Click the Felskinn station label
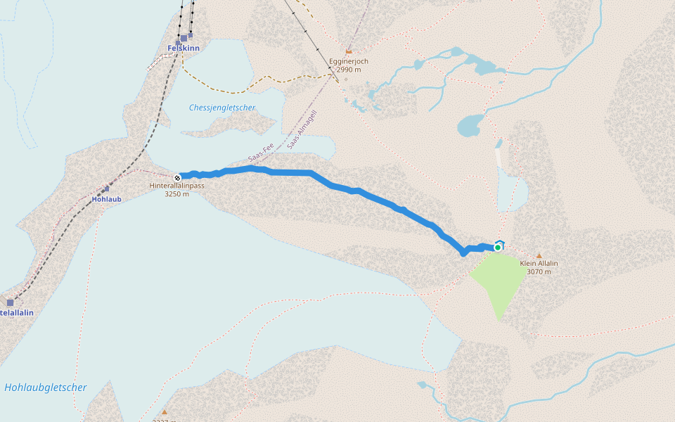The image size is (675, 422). pos(184,48)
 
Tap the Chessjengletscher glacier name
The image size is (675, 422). pos(222,108)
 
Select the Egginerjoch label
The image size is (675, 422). pos(349,61)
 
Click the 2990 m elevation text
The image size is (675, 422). pos(349,70)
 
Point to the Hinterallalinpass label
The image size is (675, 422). pos(176,186)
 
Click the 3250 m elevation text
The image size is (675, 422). pos(176,194)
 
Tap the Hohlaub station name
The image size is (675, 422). pos(106,199)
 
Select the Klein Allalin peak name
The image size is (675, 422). pos(539,263)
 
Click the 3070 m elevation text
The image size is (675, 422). pos(539,271)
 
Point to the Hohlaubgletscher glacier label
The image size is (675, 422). pos(46,388)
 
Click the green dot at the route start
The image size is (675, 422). pos(498,248)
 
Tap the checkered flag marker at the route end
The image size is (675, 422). pos(177,177)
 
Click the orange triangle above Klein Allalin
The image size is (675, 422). pos(539,255)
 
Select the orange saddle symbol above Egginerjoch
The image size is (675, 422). pos(349,51)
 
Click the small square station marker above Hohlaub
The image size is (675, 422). pos(106,188)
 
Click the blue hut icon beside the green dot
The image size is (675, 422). pos(500,242)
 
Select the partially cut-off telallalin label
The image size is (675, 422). pos(17,312)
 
